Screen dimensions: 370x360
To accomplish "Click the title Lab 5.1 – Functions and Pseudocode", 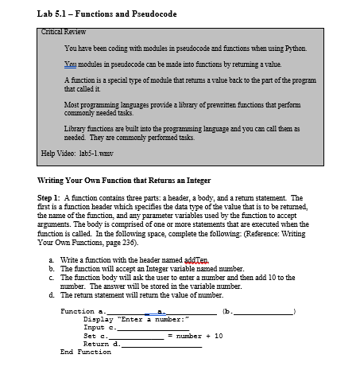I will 106,14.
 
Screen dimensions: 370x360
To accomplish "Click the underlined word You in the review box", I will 70,63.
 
